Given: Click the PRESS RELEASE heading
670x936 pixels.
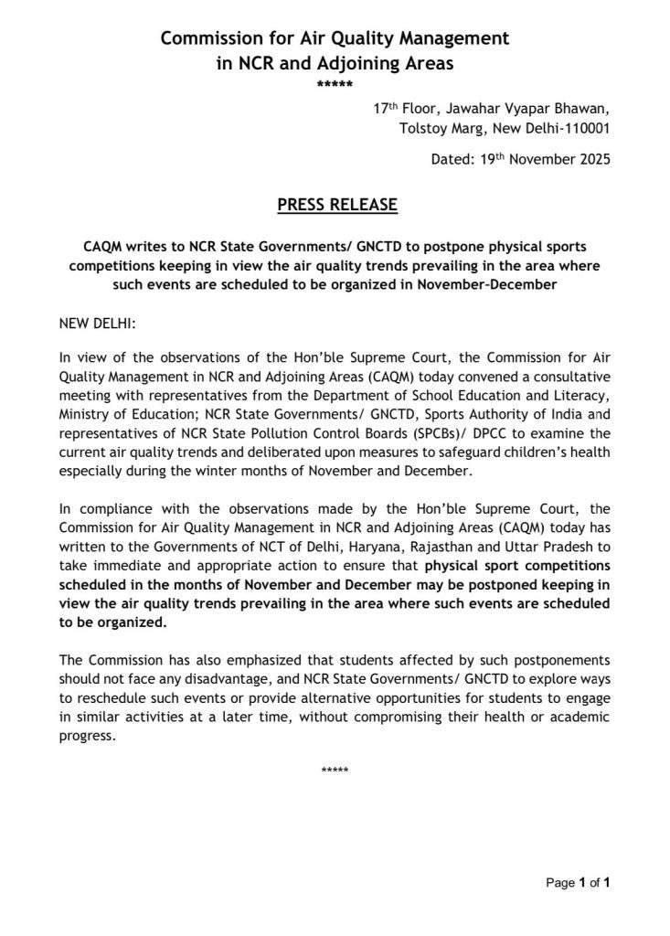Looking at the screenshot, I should pos(337,205).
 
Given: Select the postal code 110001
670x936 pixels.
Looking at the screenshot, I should pos(580,129).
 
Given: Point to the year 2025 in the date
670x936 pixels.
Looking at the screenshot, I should pos(587,159).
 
